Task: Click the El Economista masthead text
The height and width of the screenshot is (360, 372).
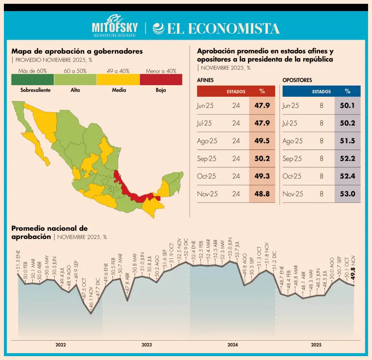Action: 216,29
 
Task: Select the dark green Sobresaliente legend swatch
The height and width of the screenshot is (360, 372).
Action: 32,79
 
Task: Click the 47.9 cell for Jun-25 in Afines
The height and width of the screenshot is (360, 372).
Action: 262,105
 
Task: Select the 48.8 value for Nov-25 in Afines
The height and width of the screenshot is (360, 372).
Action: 262,194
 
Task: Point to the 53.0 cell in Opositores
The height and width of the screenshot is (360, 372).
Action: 347,194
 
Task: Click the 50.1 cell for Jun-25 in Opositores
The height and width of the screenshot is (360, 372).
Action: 347,105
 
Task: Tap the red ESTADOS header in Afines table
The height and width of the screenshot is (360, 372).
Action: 236,91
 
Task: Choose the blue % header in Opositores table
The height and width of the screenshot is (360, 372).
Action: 347,91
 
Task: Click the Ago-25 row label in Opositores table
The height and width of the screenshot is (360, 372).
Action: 293,141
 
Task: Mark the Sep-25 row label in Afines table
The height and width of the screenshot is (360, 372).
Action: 206,159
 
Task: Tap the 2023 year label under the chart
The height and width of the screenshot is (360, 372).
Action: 146,345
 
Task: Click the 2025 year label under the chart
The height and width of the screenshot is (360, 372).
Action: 316,345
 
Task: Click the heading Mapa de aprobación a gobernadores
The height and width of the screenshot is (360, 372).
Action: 77,51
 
